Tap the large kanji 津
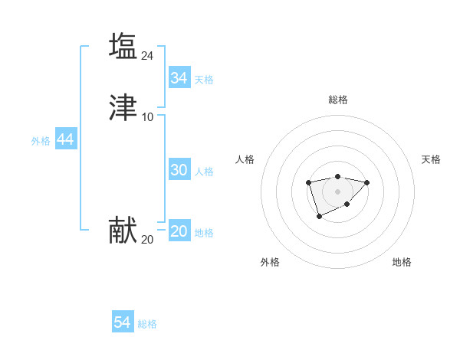pyautogui.click(x=123, y=108)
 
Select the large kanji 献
pyautogui.click(x=123, y=231)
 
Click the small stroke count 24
pyautogui.click(x=148, y=55)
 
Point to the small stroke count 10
pyautogui.click(x=148, y=117)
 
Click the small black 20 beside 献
pyautogui.click(x=148, y=240)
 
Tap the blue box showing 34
pyautogui.click(x=179, y=78)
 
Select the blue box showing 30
pyautogui.click(x=179, y=170)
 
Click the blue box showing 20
pyautogui.click(x=179, y=232)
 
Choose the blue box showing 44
pyautogui.click(x=65, y=139)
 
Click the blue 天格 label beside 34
pyautogui.click(x=204, y=80)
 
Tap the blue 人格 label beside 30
pyautogui.click(x=204, y=172)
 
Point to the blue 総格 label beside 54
pyautogui.click(x=147, y=324)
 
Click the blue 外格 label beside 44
pyautogui.click(x=41, y=141)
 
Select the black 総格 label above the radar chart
pyautogui.click(x=337, y=100)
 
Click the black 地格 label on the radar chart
pyautogui.click(x=402, y=263)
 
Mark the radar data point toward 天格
pyautogui.click(x=366, y=182)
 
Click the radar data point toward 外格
pyautogui.click(x=319, y=217)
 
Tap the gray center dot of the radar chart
pyautogui.click(x=337, y=191)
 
